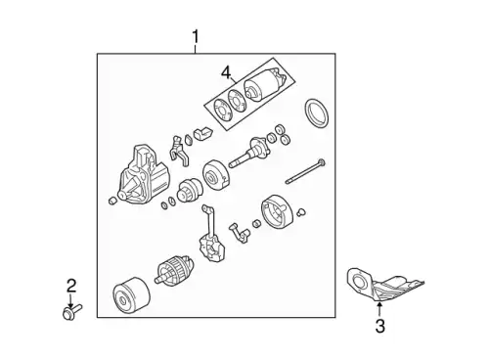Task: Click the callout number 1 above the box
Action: (196, 37)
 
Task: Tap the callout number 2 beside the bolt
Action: (71, 286)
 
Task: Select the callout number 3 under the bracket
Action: (379, 326)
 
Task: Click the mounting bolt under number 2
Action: (71, 311)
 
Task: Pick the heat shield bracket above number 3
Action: (381, 285)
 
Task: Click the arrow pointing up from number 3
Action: (379, 309)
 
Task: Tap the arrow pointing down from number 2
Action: (69, 300)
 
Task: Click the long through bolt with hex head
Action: (305, 171)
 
